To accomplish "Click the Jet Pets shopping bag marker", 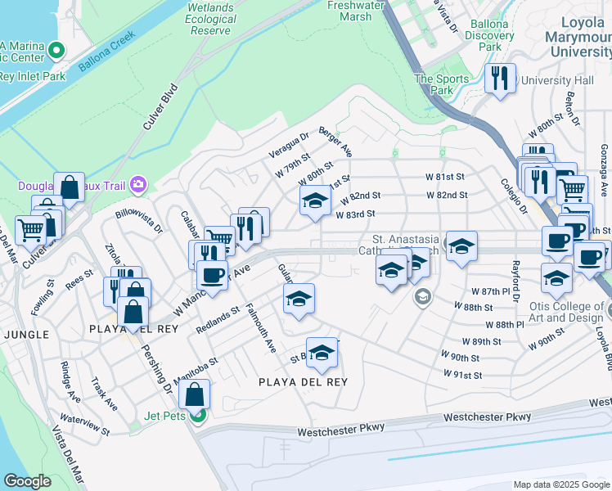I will pos(196,395).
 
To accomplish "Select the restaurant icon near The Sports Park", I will pos(499,79).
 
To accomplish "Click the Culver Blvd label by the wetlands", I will pos(160,107).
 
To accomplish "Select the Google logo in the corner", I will pos(27,481).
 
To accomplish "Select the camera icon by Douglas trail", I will pos(137,186).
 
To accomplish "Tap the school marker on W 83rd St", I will pos(314,200).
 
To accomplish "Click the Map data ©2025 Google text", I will pos(561,484).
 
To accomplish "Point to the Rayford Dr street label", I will pos(515,281).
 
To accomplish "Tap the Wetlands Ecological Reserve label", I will pos(211,19).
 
